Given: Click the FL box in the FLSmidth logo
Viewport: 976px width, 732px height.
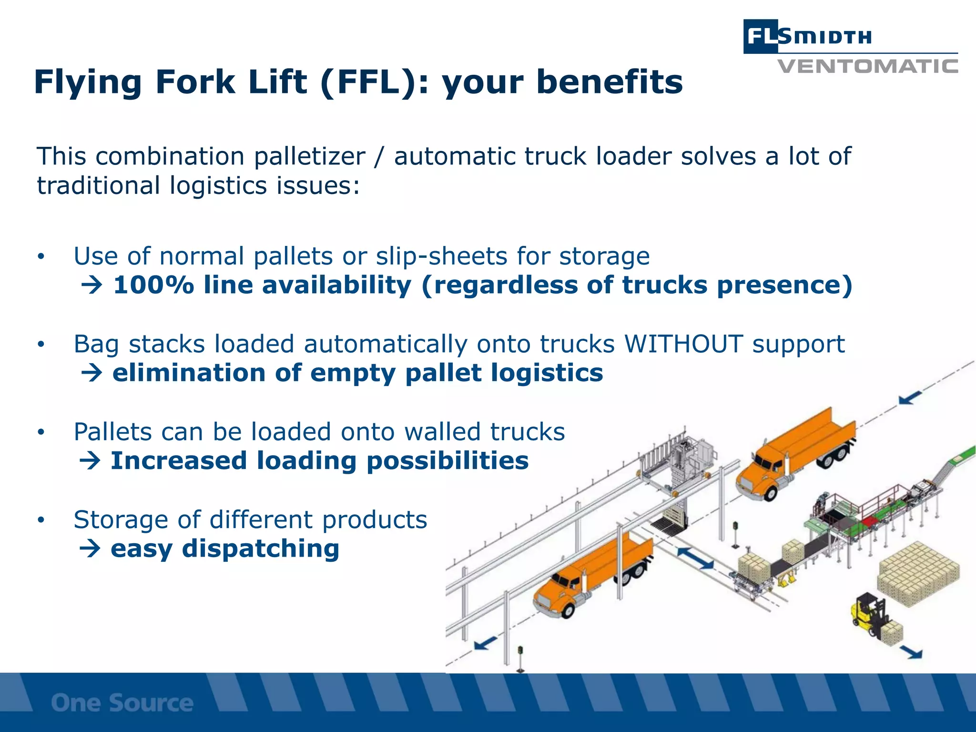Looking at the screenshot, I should pos(761,36).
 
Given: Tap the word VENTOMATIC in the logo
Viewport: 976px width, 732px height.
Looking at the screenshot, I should pos(867,66).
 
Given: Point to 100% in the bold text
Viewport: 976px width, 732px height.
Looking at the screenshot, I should pos(153,285).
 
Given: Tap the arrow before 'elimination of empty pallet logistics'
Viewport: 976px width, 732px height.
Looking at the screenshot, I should pos(91,373).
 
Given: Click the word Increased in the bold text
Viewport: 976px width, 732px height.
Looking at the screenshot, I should pos(179,461).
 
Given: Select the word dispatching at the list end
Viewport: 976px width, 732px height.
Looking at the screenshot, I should pos(260,549).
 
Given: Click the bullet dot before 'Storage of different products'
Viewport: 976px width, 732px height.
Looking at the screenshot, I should pos(41,520).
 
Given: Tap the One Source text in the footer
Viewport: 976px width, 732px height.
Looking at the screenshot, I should pos(122,703).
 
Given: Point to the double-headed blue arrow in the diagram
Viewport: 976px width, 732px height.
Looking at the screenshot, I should pos(695,558).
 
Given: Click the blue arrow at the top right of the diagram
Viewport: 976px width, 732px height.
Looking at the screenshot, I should pos(910,397).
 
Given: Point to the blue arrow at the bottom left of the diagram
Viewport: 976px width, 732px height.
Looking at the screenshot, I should pos(486,644).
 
